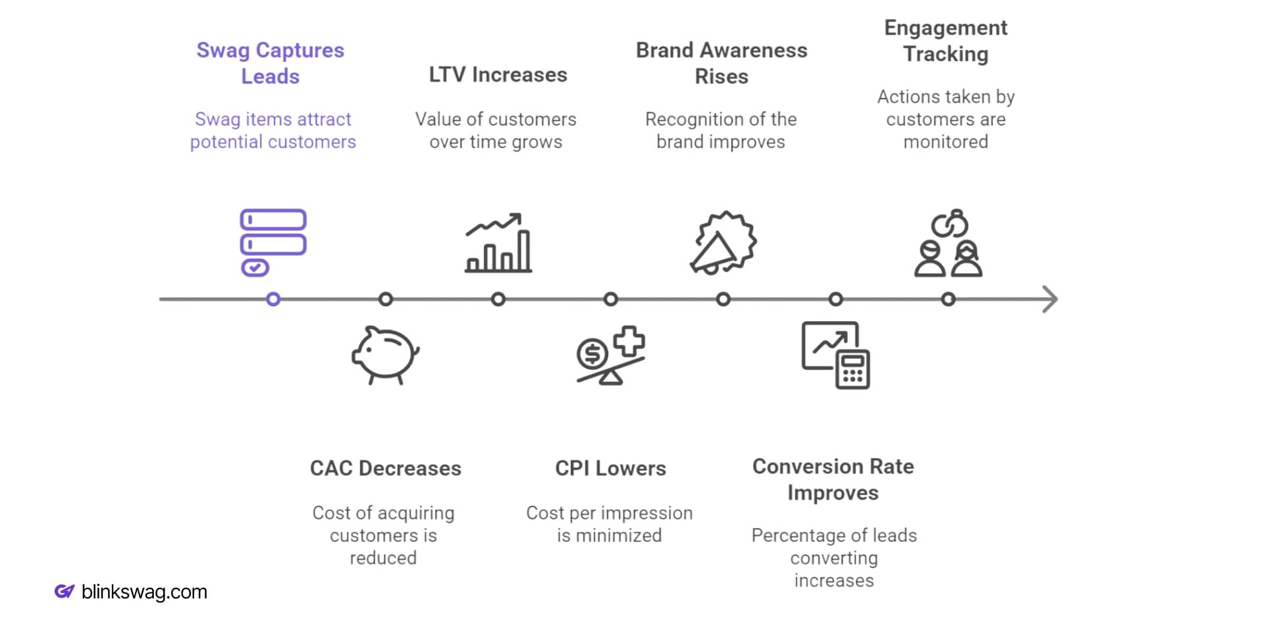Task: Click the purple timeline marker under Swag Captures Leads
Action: coord(273,300)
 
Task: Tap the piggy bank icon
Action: coord(385,354)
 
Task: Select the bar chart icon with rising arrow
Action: coord(498,243)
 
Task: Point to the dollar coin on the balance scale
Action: coord(592,354)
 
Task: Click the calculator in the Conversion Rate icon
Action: coord(853,371)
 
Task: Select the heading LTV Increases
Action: coord(498,75)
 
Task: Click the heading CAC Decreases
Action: coord(385,468)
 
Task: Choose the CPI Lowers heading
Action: coord(610,468)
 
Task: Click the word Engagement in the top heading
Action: coord(945,28)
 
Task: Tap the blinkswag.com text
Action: coord(144,592)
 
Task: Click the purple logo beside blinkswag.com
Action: coord(64,591)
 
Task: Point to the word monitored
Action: coord(945,142)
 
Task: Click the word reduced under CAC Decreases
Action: coord(383,558)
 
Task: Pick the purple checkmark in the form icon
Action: coord(255,267)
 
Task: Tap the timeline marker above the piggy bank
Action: coord(386,300)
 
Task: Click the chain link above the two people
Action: coord(949,225)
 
